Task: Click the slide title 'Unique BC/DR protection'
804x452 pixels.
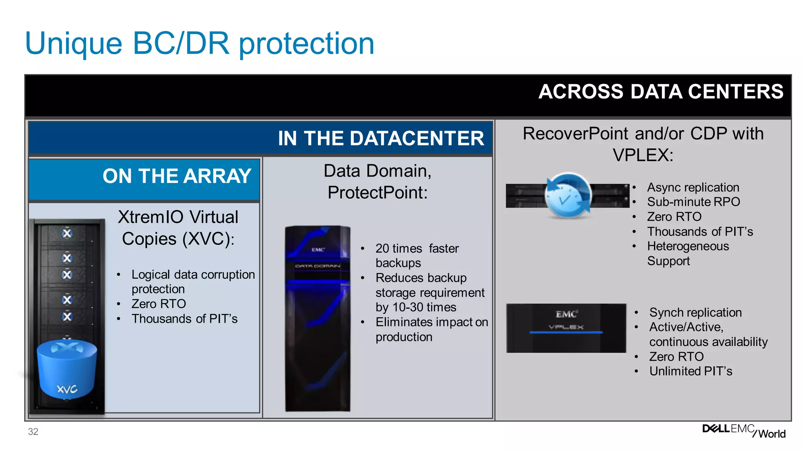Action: (199, 43)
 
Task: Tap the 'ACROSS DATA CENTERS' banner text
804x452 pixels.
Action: (660, 92)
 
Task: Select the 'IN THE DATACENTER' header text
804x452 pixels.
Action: (381, 139)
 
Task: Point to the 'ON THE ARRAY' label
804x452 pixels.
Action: (177, 176)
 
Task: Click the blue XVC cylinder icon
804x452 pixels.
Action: (67, 369)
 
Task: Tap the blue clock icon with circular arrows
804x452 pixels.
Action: (568, 195)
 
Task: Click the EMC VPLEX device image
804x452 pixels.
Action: (566, 328)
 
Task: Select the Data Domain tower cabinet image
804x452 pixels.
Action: (318, 319)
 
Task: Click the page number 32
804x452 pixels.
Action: (33, 432)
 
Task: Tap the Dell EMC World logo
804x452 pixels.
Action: (744, 431)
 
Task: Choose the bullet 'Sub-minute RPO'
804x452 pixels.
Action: (693, 202)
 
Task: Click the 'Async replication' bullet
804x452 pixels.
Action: (693, 187)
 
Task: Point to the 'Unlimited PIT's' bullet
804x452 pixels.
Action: (691, 371)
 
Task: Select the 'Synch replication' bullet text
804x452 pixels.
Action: (695, 312)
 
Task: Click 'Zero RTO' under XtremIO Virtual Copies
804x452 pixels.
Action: (159, 304)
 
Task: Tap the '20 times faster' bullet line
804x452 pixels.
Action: (417, 248)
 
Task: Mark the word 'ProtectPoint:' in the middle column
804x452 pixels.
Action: (377, 193)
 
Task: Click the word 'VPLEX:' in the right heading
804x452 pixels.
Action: (643, 155)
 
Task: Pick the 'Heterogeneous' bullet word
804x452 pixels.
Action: (688, 246)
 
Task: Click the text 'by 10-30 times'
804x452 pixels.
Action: (416, 307)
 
